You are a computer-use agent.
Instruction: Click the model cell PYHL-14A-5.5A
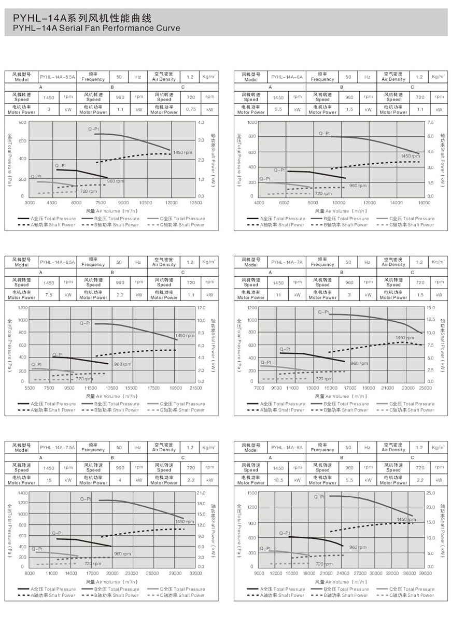57,77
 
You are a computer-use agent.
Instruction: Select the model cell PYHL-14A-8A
287,448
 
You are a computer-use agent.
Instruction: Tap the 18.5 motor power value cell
278,480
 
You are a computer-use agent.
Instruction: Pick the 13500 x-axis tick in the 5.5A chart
195,203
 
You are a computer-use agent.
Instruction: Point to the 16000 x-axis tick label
424,203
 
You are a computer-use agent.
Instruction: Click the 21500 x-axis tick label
195,388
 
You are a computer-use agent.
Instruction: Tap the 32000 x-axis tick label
195,573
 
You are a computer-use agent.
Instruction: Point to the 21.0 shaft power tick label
202,492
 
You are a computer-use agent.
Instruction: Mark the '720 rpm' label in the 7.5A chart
93,563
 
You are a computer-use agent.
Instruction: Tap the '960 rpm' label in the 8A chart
358,547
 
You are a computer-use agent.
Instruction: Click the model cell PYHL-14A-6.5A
57,262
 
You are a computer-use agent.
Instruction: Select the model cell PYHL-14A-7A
287,262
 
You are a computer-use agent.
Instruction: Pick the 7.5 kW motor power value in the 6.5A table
49,295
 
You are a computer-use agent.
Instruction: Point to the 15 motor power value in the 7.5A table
49,480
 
